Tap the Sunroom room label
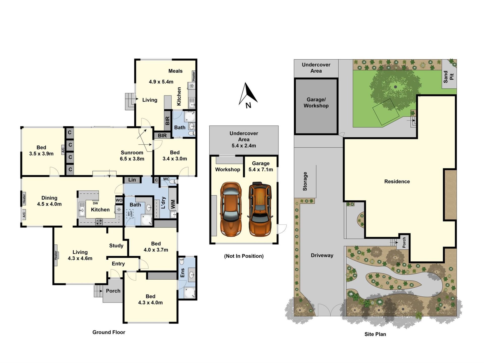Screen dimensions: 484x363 (132, 153)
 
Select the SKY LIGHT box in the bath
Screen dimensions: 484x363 (130, 214)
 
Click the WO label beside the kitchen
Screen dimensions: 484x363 (119, 200)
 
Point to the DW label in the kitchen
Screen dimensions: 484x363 (95, 203)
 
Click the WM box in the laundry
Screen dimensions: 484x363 (173, 204)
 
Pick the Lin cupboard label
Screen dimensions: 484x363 (132, 180)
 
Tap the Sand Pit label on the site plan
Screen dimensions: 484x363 (449, 77)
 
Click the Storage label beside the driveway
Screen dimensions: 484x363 (305, 181)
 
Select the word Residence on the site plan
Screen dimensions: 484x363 (397, 181)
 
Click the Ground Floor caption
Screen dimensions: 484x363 (109, 332)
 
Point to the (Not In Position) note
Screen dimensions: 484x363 (244, 256)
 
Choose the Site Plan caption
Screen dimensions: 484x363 (375, 334)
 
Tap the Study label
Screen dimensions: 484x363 (116, 246)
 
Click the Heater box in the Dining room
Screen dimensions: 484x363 (24, 198)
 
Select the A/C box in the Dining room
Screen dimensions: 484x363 (24, 215)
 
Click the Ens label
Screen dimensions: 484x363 (182, 273)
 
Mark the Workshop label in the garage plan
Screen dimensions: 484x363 (227, 170)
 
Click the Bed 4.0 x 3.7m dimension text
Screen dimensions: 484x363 (156, 250)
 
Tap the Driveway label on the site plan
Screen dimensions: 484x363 (322, 255)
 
